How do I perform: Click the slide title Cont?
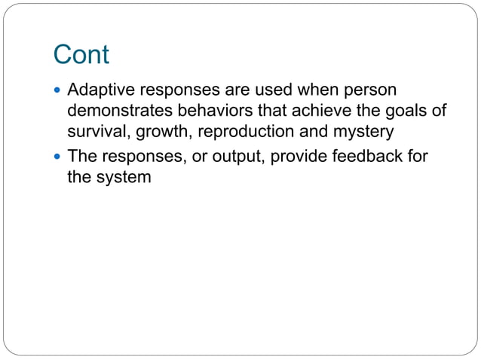81,55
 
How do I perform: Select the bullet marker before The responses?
60,157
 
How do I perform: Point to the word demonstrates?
115,111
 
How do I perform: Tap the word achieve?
314,111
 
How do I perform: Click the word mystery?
364,133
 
